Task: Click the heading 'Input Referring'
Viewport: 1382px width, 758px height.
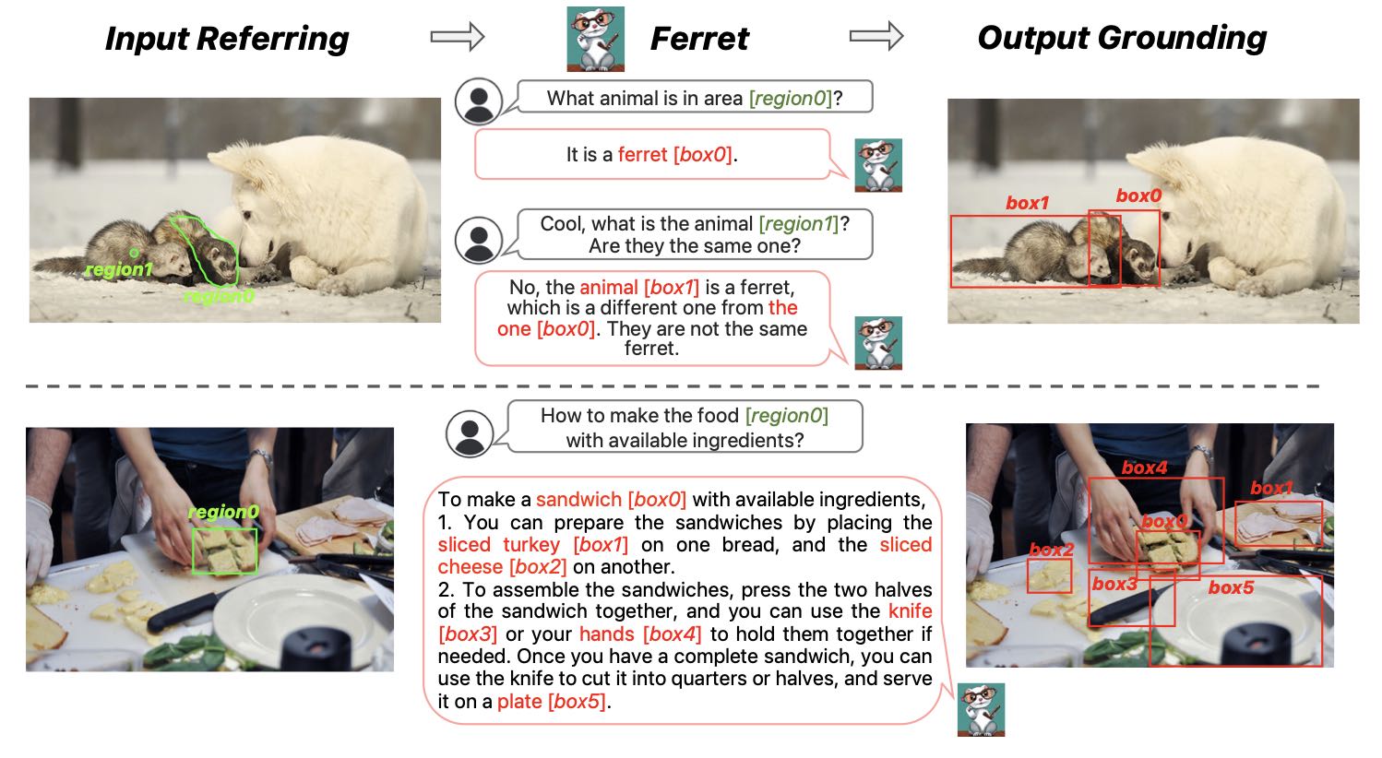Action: tap(227, 39)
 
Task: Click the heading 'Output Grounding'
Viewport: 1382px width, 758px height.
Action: tap(1122, 38)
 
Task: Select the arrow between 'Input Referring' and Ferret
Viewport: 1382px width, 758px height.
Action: tap(458, 36)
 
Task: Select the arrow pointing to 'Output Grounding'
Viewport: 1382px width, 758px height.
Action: tap(876, 36)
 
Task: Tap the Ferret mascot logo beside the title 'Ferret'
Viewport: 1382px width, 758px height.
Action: tap(595, 39)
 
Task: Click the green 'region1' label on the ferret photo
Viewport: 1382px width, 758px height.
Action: tap(119, 269)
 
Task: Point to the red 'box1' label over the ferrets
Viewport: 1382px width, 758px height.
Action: tap(1027, 203)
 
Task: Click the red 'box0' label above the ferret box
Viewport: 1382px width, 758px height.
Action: tap(1138, 196)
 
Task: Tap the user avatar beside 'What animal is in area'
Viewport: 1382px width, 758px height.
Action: tap(478, 101)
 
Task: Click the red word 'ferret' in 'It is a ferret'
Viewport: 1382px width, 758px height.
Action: tap(642, 154)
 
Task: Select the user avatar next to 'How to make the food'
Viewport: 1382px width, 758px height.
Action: tap(470, 433)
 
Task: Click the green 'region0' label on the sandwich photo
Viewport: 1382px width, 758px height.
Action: tap(223, 512)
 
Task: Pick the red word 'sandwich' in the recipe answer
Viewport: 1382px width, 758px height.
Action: tap(578, 499)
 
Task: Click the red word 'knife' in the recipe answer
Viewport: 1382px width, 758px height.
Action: tap(910, 610)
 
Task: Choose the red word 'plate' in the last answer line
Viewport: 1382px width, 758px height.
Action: tap(519, 701)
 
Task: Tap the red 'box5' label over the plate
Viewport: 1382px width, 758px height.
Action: tap(1231, 587)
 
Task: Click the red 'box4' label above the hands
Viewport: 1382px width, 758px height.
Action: tap(1144, 468)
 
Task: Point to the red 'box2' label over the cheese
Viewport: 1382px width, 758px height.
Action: tap(1052, 550)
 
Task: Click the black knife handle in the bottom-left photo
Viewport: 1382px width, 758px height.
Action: tap(183, 611)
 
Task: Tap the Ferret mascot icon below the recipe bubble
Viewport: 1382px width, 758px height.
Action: tap(981, 709)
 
